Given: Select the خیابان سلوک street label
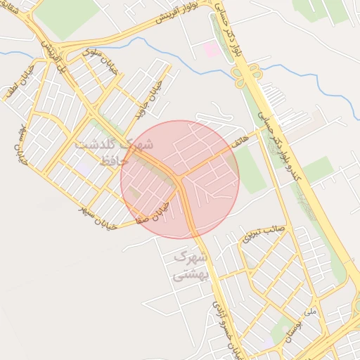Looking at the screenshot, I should (x=96, y=57).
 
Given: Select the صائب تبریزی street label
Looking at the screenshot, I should (x=263, y=232).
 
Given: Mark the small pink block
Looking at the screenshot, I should (x=211, y=49).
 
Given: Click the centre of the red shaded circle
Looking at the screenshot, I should (x=180, y=180).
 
